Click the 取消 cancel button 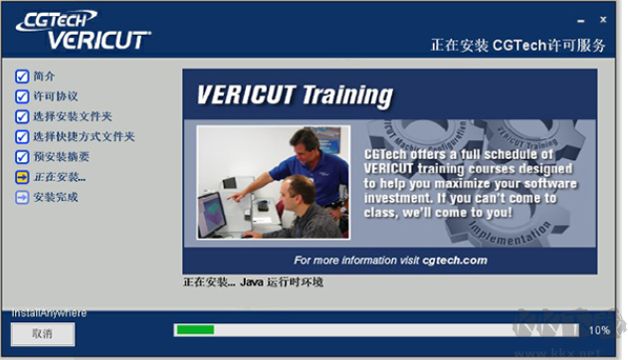click(42, 334)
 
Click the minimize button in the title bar click(579, 18)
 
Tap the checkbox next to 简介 click(22, 77)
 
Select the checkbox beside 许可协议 click(22, 96)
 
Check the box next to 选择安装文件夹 click(22, 116)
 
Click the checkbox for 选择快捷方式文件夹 click(22, 136)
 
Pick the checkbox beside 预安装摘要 click(22, 157)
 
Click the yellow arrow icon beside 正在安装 click(22, 177)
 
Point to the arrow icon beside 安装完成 click(22, 197)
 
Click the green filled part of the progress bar click(194, 329)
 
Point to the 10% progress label click(599, 330)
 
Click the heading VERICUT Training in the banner click(294, 95)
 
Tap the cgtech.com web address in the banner click(455, 260)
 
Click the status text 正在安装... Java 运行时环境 click(254, 283)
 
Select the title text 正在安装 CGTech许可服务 click(518, 46)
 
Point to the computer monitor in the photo click(211, 213)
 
